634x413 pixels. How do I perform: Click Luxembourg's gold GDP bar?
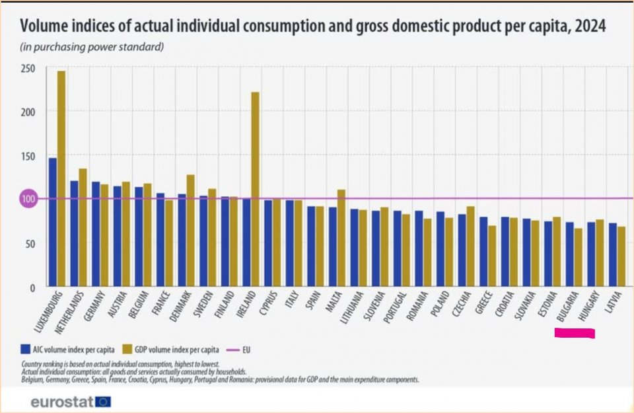point(61,178)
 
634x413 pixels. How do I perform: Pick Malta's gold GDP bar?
point(341,239)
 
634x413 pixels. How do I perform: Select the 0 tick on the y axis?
point(31,287)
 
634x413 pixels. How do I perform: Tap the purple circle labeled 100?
point(26,199)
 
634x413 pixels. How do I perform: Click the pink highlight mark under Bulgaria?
point(575,334)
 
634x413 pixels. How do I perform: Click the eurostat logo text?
point(61,401)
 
